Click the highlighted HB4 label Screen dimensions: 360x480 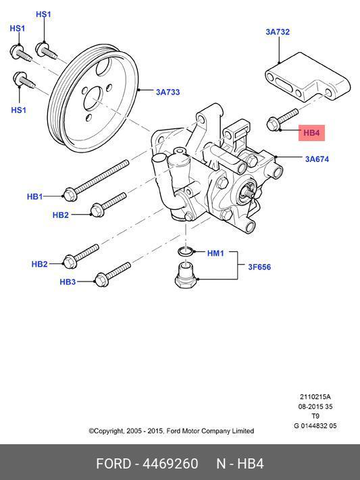311,133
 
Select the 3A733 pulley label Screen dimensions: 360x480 168,92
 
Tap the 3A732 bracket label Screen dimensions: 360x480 278,32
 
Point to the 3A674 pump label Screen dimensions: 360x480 317,159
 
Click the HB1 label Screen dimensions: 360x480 35,196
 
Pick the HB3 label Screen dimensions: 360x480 68,282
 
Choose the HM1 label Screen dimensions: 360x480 215,253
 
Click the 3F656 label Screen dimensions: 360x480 259,267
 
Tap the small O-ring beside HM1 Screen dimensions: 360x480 186,252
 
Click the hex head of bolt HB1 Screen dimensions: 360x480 70,194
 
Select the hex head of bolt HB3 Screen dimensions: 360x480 101,279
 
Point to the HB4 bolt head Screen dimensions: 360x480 274,124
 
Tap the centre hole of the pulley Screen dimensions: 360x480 93,99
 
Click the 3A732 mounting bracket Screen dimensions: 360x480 307,78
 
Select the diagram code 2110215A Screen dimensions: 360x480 315,397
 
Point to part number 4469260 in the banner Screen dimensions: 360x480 170,464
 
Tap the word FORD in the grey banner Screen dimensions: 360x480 113,464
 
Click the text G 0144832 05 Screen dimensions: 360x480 315,426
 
